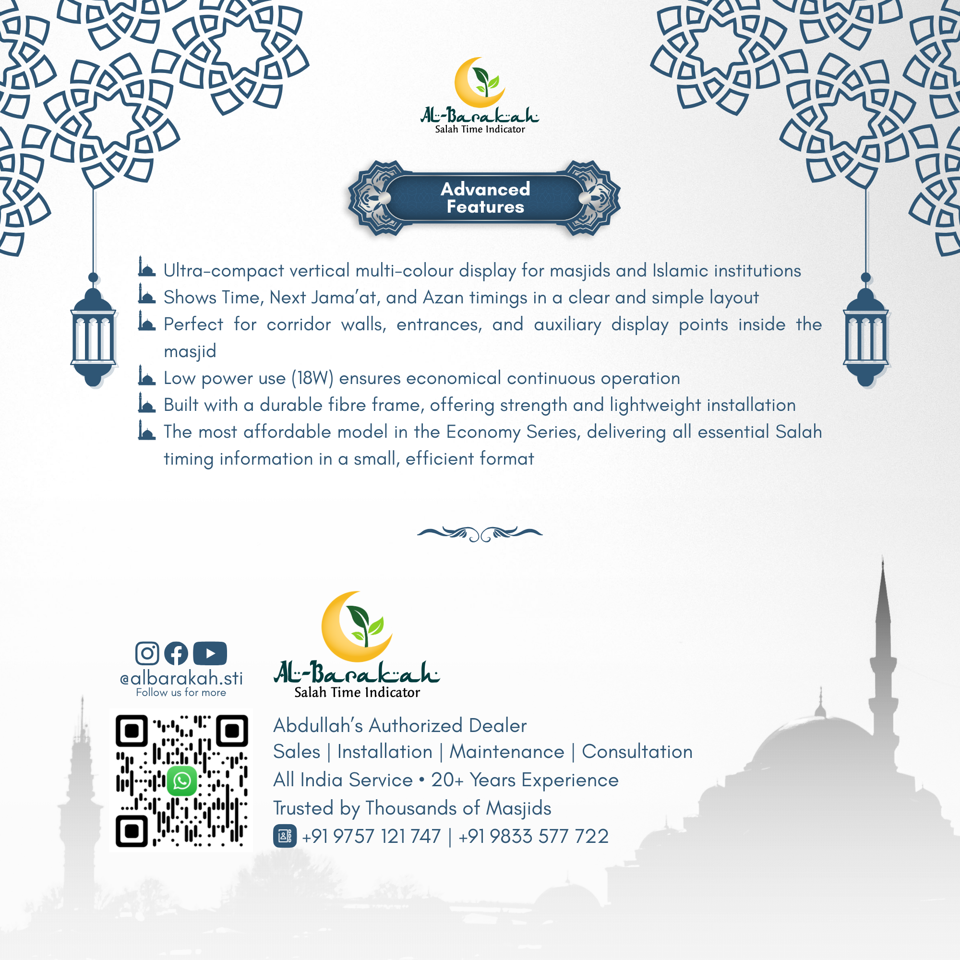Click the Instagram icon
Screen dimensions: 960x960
click(147, 653)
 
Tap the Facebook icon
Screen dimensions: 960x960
click(176, 653)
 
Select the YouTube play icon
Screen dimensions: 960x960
click(210, 653)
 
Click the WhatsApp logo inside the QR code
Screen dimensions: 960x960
click(182, 781)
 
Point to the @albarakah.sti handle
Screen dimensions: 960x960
click(181, 678)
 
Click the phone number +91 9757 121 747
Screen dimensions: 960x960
click(371, 836)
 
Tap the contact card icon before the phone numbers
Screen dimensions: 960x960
click(285, 836)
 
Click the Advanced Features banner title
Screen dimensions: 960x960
click(485, 198)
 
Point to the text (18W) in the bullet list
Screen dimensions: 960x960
click(312, 378)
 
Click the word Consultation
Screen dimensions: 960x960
click(637, 752)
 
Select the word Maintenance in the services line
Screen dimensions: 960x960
click(507, 752)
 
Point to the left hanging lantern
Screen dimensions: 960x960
click(93, 338)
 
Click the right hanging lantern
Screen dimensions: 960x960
click(865, 338)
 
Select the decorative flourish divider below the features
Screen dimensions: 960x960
click(480, 534)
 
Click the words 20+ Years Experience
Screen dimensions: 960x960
click(525, 780)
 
